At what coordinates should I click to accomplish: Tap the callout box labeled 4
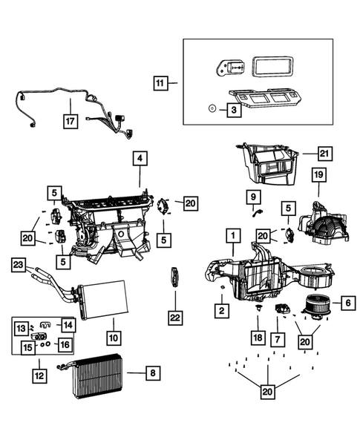pos(140,160)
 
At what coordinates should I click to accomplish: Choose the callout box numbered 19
pos(318,177)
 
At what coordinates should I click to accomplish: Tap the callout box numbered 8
pos(151,373)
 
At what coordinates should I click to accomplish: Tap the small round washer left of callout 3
pos(211,108)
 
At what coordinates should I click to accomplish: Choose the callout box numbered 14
pos(67,326)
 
